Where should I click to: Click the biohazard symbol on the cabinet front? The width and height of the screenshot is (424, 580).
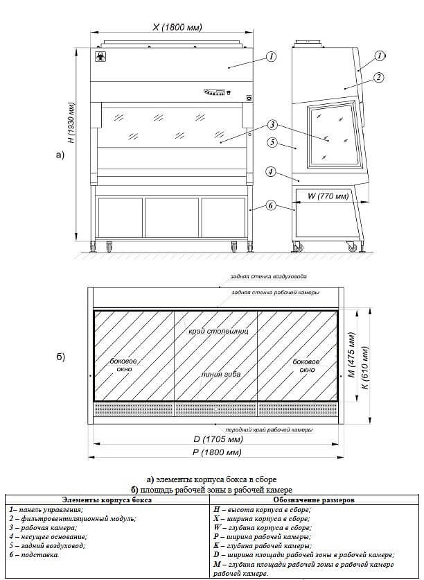[99, 57]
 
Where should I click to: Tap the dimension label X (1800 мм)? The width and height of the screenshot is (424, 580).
[177, 27]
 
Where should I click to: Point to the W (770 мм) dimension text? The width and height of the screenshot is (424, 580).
[323, 196]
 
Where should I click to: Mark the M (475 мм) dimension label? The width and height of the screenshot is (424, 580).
[352, 355]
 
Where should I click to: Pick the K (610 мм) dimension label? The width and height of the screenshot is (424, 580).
[365, 367]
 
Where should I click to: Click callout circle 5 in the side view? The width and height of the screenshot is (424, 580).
[272, 142]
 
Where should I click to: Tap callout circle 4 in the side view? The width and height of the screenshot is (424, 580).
[271, 171]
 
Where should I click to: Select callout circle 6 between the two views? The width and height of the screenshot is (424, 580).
[271, 205]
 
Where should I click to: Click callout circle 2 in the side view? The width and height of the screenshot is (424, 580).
[378, 78]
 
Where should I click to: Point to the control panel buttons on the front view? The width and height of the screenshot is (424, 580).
[215, 92]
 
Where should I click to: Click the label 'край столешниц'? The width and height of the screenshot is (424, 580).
[218, 331]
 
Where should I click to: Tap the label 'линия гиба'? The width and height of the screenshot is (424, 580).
[221, 374]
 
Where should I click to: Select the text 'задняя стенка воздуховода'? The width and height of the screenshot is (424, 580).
[269, 276]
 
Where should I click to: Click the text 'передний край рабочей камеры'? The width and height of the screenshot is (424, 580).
[270, 430]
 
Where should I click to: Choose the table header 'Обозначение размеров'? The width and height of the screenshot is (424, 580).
[314, 500]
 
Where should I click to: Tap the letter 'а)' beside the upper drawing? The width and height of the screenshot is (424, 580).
[60, 155]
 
